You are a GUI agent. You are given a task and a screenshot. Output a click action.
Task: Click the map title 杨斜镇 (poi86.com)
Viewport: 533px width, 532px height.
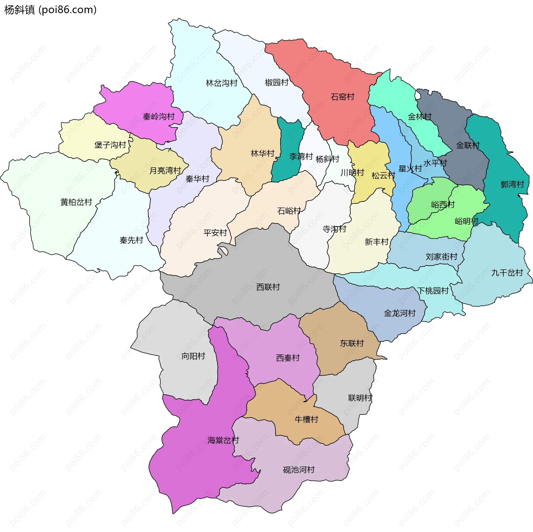click(x=50, y=10)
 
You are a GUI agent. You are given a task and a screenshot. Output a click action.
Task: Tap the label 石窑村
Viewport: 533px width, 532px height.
click(x=342, y=97)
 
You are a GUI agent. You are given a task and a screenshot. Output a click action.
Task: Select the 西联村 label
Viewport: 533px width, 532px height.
click(x=268, y=287)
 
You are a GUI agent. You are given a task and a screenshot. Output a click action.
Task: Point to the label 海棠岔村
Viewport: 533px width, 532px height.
click(x=223, y=440)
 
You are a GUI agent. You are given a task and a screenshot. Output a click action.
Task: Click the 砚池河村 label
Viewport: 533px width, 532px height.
click(x=299, y=470)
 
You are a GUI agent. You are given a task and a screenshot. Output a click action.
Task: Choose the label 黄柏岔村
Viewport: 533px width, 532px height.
click(x=76, y=202)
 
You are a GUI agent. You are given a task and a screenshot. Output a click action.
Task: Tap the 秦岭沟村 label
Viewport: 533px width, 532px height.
click(x=159, y=117)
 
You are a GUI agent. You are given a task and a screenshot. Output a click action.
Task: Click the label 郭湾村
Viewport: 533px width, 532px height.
click(x=512, y=184)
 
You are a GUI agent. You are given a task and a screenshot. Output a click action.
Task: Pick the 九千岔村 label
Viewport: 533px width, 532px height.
click(x=507, y=273)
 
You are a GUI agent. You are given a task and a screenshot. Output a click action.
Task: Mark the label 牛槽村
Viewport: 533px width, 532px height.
click(x=306, y=419)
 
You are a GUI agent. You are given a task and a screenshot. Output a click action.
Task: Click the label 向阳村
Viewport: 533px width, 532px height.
click(x=193, y=356)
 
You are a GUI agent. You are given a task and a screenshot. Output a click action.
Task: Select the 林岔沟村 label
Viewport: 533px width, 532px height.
click(x=222, y=83)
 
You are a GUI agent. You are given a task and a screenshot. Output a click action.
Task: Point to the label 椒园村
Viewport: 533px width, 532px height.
click(x=276, y=82)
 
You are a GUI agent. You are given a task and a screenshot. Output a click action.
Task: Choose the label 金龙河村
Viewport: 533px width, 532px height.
click(x=399, y=313)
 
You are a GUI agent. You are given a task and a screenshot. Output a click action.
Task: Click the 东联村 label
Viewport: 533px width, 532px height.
click(x=352, y=343)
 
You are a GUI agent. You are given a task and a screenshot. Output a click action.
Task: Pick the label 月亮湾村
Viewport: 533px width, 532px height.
click(x=165, y=170)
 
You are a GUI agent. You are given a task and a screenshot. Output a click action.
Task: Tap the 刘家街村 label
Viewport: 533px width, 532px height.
click(x=441, y=257)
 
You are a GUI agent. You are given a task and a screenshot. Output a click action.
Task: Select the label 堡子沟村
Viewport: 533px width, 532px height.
click(x=110, y=145)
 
